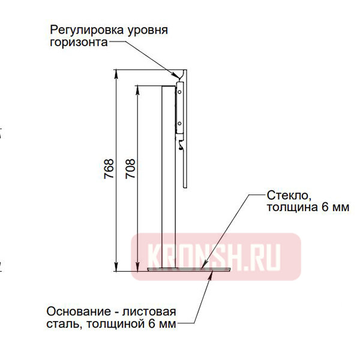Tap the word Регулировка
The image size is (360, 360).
coord(88,29)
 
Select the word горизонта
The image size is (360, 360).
coord(79,43)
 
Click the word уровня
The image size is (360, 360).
coord(148,29)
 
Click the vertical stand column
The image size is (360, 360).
coord(169,180)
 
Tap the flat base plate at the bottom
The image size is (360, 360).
coord(180,271)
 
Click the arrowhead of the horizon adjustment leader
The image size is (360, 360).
coord(178,79)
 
